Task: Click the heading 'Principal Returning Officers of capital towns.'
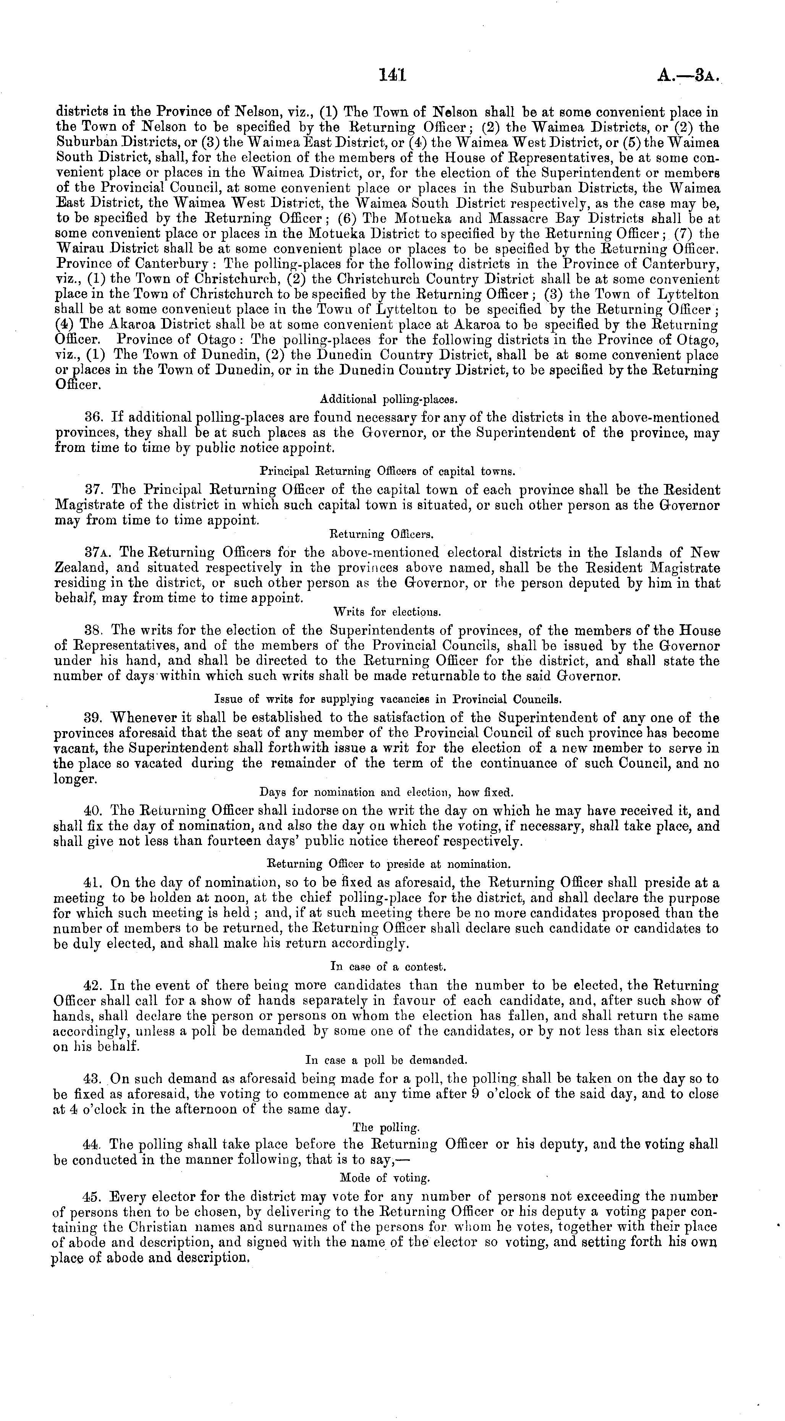387,472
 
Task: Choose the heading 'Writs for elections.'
387,612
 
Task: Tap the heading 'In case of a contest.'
388,967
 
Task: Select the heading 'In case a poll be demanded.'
386,1060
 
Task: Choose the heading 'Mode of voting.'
385,1178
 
